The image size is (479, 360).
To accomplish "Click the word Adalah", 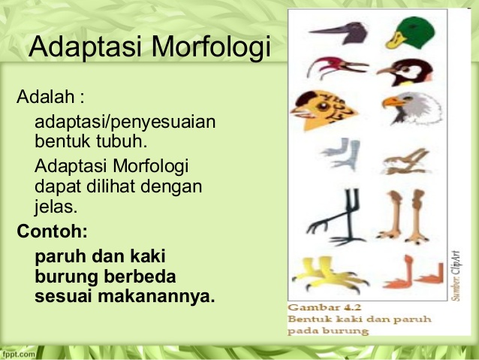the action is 46,97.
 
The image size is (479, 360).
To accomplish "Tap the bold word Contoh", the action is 53,231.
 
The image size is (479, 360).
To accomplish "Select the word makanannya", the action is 156,296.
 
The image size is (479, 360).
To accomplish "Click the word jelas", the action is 56,207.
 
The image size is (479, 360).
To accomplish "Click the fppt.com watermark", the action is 18,354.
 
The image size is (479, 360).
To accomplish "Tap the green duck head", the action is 411,33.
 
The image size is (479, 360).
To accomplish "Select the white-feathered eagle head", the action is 412,108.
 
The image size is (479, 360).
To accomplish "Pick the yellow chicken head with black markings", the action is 324,110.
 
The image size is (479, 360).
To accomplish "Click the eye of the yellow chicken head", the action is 323,107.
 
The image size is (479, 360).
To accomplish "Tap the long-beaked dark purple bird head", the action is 339,33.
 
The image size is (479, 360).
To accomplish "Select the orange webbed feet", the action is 413,274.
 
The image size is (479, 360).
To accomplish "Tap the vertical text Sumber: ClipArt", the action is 456,276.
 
